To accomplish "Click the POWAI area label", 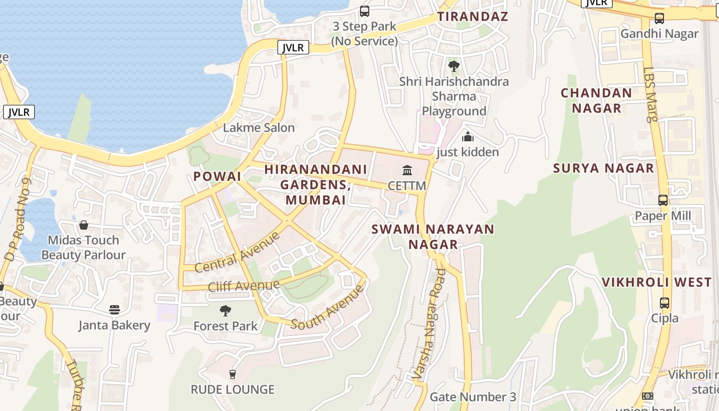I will (x=217, y=176).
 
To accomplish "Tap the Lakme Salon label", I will (x=259, y=127).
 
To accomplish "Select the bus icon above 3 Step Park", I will (x=365, y=11).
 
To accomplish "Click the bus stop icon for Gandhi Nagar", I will (x=659, y=19).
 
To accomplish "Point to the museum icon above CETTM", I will (x=407, y=170).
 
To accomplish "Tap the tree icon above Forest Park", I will (x=225, y=311).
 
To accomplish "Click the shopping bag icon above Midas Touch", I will (x=83, y=225).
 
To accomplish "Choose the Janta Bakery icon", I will (x=114, y=310).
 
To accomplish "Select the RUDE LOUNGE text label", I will (x=233, y=389).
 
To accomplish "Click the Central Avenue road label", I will (x=238, y=252).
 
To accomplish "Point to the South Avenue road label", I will (x=328, y=307).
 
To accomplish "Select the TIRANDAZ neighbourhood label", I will (x=472, y=16).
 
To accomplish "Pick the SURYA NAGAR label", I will (x=603, y=168).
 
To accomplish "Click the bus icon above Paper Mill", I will (x=663, y=200).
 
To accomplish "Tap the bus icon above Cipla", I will (x=665, y=303).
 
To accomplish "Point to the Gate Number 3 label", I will (x=472, y=397).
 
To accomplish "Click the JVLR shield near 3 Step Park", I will (x=293, y=48).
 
